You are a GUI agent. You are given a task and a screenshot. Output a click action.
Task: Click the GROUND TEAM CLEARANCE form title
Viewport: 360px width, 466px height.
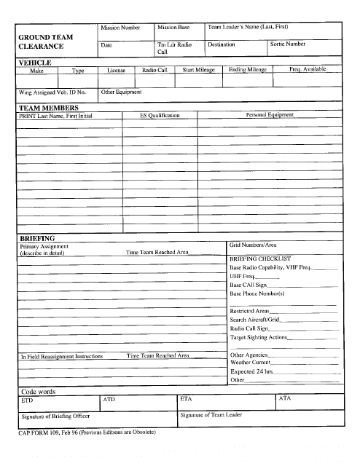[x=45, y=42]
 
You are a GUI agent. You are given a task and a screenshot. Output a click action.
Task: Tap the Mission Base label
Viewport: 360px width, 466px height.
[x=173, y=27]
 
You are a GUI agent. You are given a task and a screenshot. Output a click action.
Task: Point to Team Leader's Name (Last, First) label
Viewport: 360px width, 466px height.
[x=248, y=27]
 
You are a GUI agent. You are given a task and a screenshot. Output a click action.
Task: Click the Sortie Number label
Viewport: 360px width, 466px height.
[x=288, y=44]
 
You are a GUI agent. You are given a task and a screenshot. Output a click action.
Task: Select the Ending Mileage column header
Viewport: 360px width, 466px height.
[x=247, y=70]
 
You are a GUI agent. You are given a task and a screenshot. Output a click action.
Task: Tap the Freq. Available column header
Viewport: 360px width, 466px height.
[x=307, y=70]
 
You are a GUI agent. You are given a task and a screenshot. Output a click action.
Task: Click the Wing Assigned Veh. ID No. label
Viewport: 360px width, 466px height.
[x=52, y=92]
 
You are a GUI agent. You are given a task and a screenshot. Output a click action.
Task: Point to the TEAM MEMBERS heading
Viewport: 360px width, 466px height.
[x=48, y=108]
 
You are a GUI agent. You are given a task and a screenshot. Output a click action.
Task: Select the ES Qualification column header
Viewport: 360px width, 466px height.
[x=160, y=115]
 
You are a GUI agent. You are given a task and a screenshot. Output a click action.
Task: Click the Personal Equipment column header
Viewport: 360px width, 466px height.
[x=270, y=115]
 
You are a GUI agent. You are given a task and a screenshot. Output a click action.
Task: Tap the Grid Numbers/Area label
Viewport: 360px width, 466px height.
[x=253, y=245]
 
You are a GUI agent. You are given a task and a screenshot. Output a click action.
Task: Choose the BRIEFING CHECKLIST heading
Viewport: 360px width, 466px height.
[x=260, y=258]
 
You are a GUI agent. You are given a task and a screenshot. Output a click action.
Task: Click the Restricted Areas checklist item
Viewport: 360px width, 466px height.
[x=250, y=311]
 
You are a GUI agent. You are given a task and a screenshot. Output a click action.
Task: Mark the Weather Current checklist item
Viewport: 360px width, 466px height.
[x=251, y=362]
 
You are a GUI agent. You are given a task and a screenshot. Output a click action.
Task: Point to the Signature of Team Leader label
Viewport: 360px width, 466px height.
[x=211, y=415]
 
